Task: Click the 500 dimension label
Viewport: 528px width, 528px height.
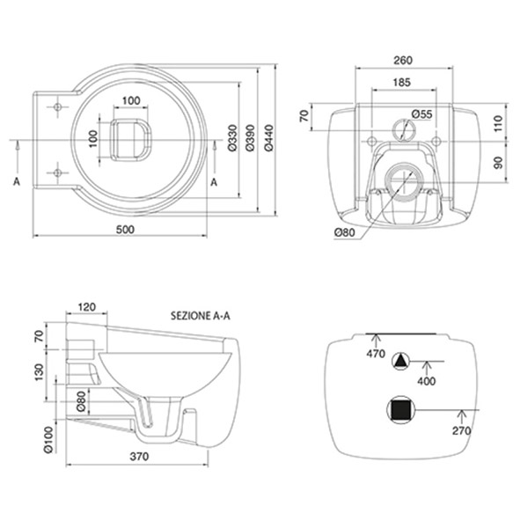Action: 125,230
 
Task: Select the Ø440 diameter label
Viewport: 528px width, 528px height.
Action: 268,138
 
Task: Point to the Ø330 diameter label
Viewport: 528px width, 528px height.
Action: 232,138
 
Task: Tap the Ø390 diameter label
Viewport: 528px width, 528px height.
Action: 250,138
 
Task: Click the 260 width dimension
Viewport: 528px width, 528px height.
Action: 403,60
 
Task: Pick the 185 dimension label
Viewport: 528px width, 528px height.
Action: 402,82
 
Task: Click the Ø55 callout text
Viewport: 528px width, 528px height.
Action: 422,114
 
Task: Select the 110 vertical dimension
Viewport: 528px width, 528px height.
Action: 499,123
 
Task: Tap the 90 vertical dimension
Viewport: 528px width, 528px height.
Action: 499,163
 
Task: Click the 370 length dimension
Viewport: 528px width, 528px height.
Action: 139,456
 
